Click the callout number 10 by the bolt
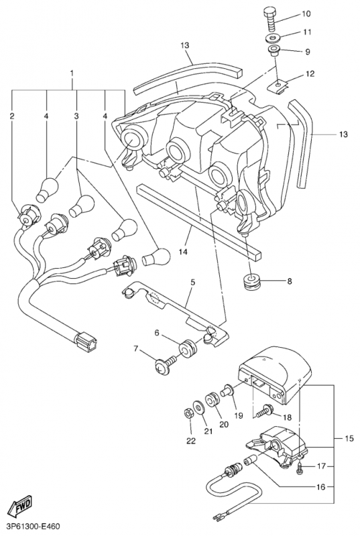[x=306, y=13]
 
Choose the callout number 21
[x=208, y=431]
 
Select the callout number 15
[x=347, y=439]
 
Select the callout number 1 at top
[x=72, y=71]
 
